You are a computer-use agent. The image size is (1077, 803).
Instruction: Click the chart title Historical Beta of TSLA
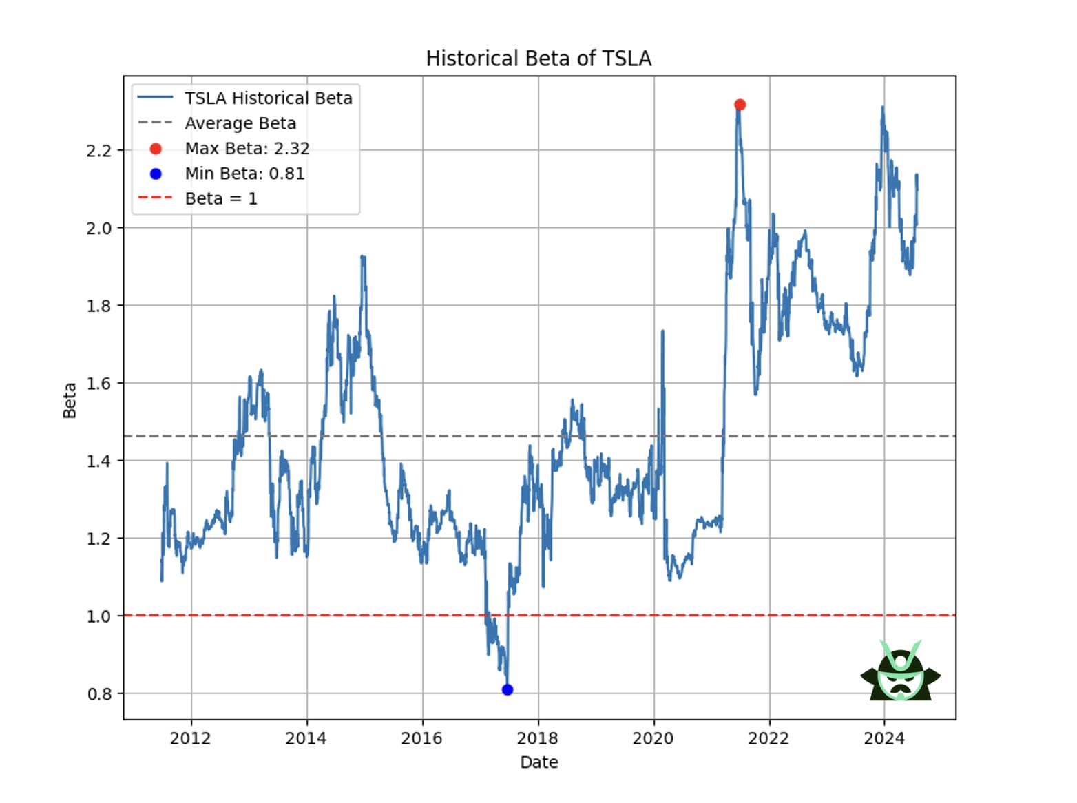click(x=538, y=59)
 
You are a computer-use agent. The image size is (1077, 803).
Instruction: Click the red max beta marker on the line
click(x=740, y=105)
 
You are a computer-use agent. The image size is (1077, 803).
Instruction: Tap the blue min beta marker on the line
click(x=508, y=689)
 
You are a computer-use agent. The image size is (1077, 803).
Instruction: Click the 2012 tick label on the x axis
click(x=191, y=739)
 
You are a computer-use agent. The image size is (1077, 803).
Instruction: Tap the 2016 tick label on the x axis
click(x=422, y=739)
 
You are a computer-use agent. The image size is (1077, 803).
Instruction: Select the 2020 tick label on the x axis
click(x=653, y=739)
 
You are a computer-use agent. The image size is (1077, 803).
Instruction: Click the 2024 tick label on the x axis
click(x=884, y=739)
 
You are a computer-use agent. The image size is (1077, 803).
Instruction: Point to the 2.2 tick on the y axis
click(x=98, y=151)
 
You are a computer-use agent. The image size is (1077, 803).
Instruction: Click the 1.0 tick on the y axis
click(x=98, y=616)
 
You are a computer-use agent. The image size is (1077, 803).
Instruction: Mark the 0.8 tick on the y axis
click(x=98, y=694)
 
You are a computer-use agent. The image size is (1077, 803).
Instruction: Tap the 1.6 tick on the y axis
click(x=98, y=384)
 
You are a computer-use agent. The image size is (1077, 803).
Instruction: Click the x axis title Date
click(x=538, y=762)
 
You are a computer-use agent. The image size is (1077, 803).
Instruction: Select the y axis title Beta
click(x=70, y=400)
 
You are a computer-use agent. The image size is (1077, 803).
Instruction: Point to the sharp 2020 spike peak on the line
click(x=662, y=332)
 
